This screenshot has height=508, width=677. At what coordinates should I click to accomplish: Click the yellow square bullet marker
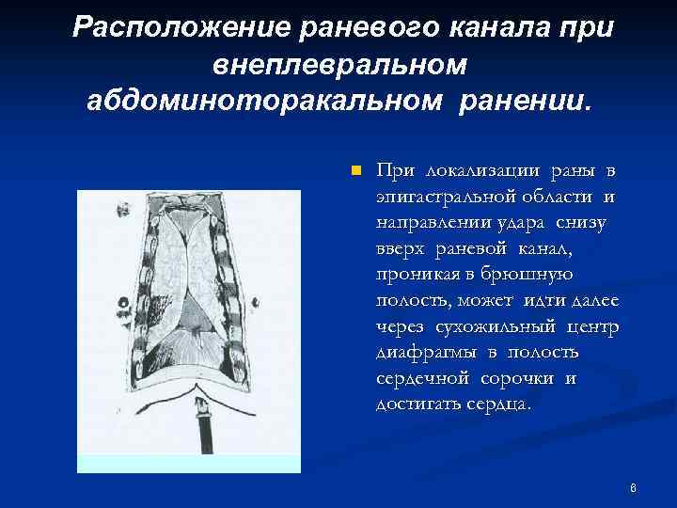coord(355,171)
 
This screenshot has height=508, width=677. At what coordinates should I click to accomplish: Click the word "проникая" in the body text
coord(415,275)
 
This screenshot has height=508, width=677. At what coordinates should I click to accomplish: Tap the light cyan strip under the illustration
coord(188,462)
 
